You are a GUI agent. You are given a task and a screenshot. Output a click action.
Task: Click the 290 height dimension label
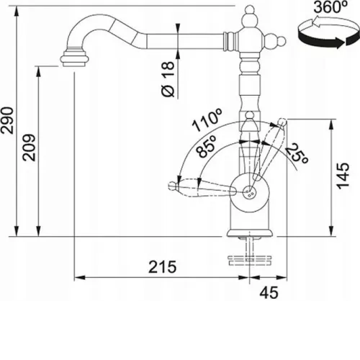(6, 120)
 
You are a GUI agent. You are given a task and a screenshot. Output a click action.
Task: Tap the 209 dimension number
(29, 148)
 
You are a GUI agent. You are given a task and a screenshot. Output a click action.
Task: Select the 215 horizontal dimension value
(163, 266)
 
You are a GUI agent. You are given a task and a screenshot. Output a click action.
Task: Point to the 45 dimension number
(269, 292)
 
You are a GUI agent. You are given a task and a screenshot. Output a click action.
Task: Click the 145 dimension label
(343, 176)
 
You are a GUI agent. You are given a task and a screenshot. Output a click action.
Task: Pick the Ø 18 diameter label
(168, 79)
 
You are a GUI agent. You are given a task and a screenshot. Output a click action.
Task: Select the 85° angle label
(206, 146)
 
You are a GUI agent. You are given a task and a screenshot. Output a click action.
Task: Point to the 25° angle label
(297, 153)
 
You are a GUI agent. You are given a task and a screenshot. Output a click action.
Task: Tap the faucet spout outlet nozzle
(74, 58)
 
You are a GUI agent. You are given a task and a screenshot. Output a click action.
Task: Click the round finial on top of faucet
(250, 9)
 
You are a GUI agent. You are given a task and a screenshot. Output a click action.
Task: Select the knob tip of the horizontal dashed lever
(172, 186)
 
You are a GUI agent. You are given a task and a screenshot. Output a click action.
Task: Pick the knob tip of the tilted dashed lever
(282, 122)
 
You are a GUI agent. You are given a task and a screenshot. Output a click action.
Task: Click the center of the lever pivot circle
(250, 192)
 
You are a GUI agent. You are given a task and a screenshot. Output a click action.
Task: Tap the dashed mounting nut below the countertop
(250, 261)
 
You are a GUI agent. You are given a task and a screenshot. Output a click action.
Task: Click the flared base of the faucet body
(250, 233)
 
